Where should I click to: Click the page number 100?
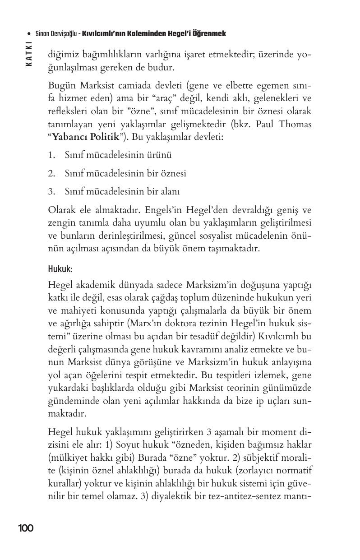(x=26, y=528)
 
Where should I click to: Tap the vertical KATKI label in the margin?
(x=29, y=54)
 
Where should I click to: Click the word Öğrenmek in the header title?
(x=210, y=34)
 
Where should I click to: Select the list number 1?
(x=51, y=155)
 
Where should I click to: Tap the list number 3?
(x=51, y=191)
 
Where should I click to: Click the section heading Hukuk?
(x=60, y=269)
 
